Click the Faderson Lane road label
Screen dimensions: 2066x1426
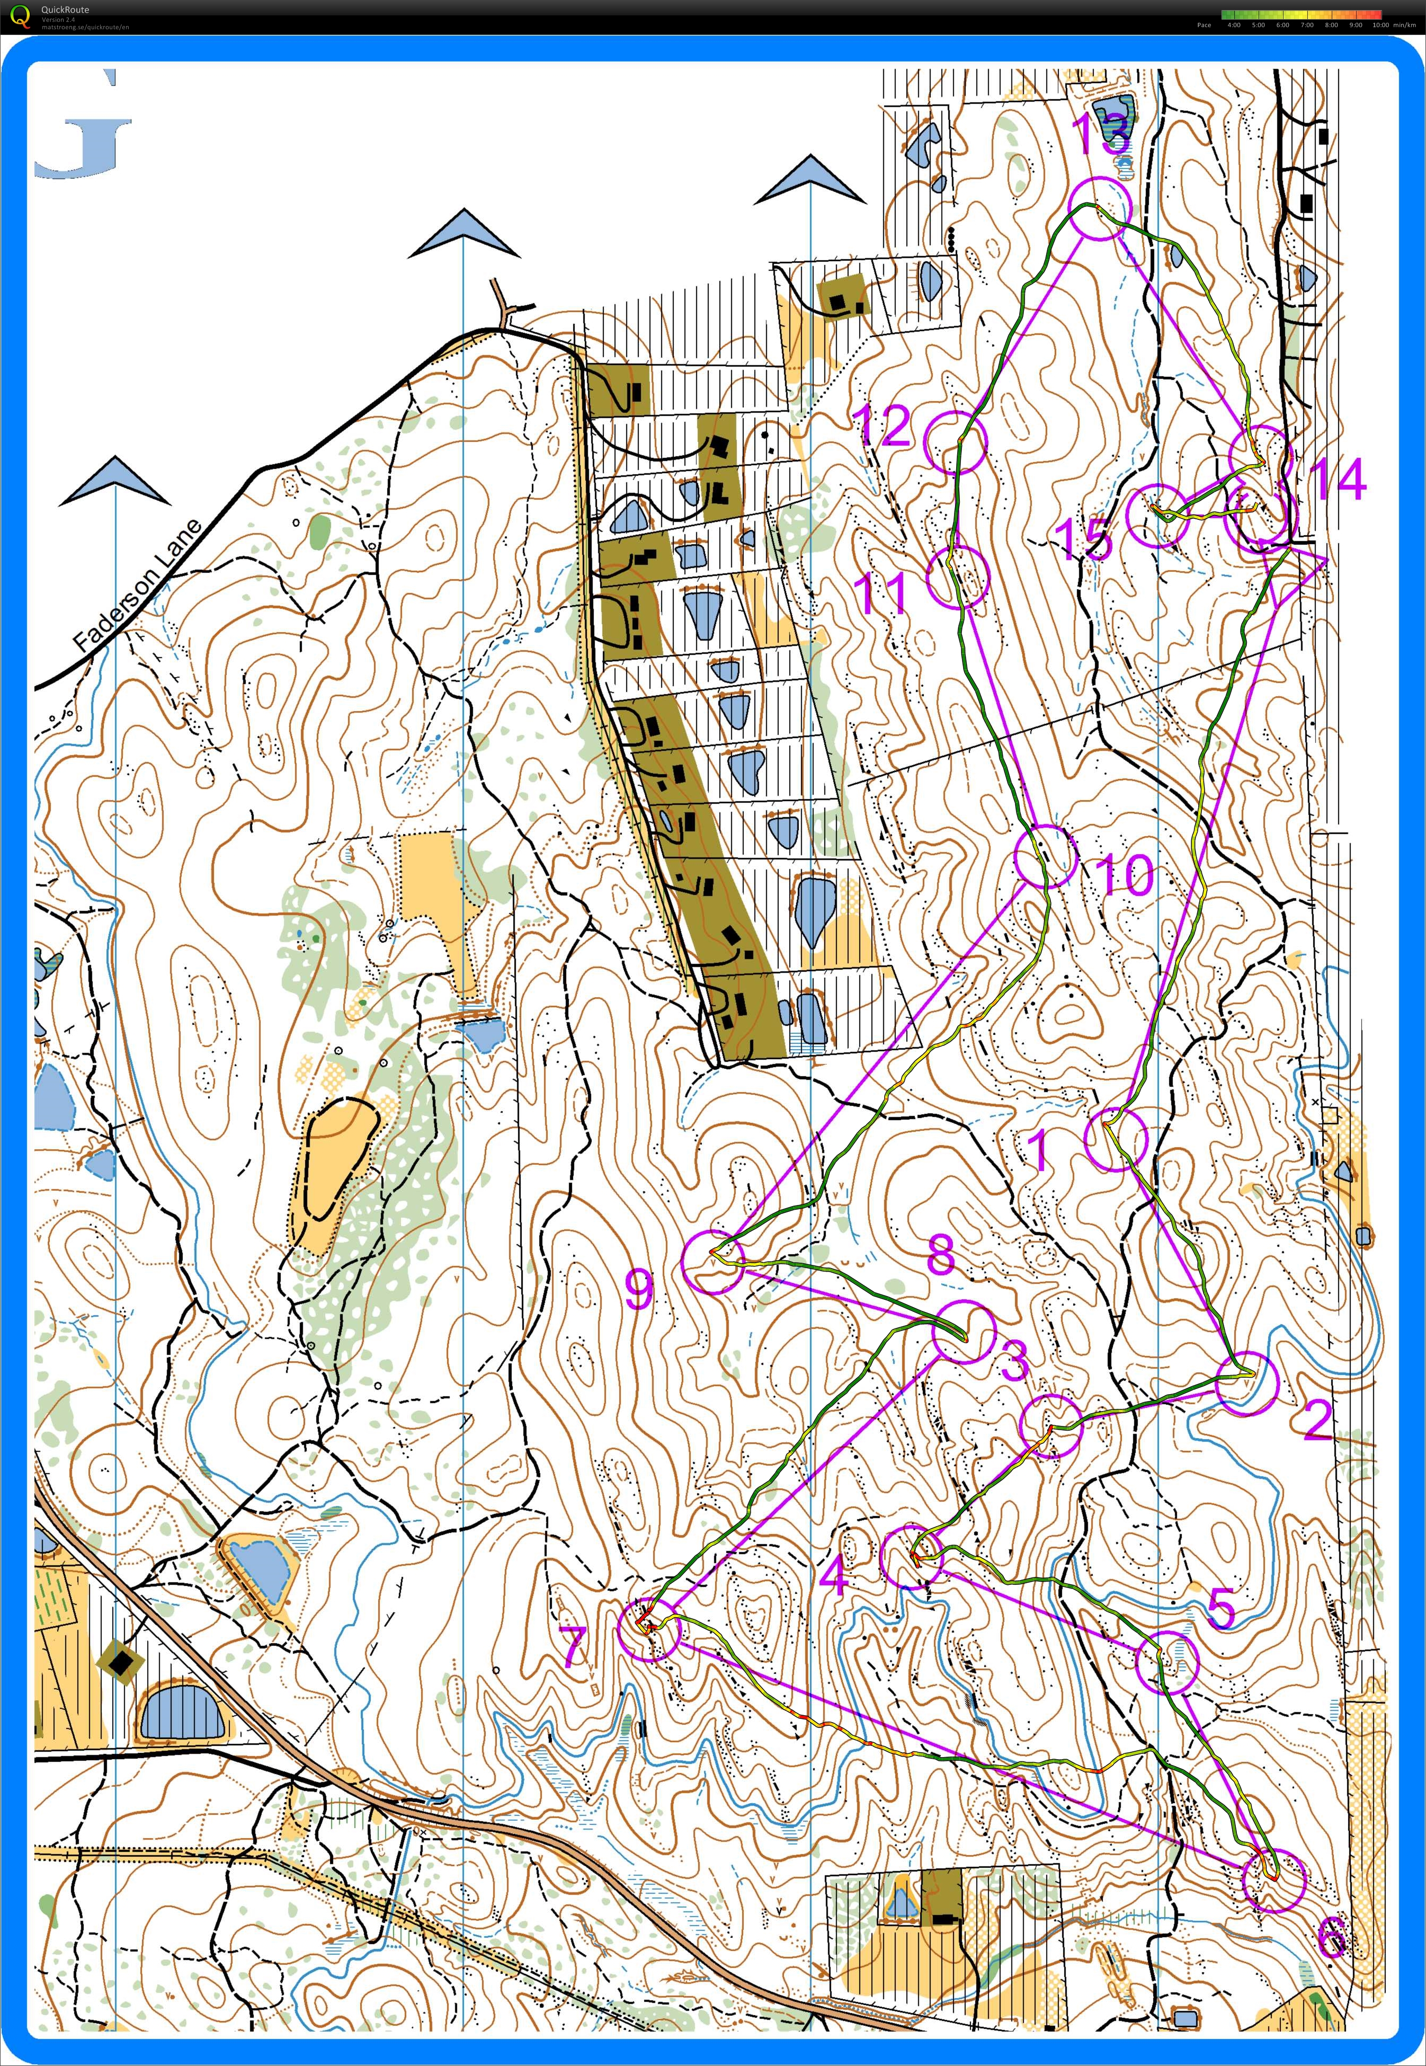tap(138, 586)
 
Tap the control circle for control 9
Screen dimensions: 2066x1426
tap(712, 1260)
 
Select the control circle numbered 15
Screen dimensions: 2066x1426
tap(1157, 515)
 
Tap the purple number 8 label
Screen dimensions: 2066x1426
tap(940, 1255)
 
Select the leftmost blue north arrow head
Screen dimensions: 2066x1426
tap(115, 481)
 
